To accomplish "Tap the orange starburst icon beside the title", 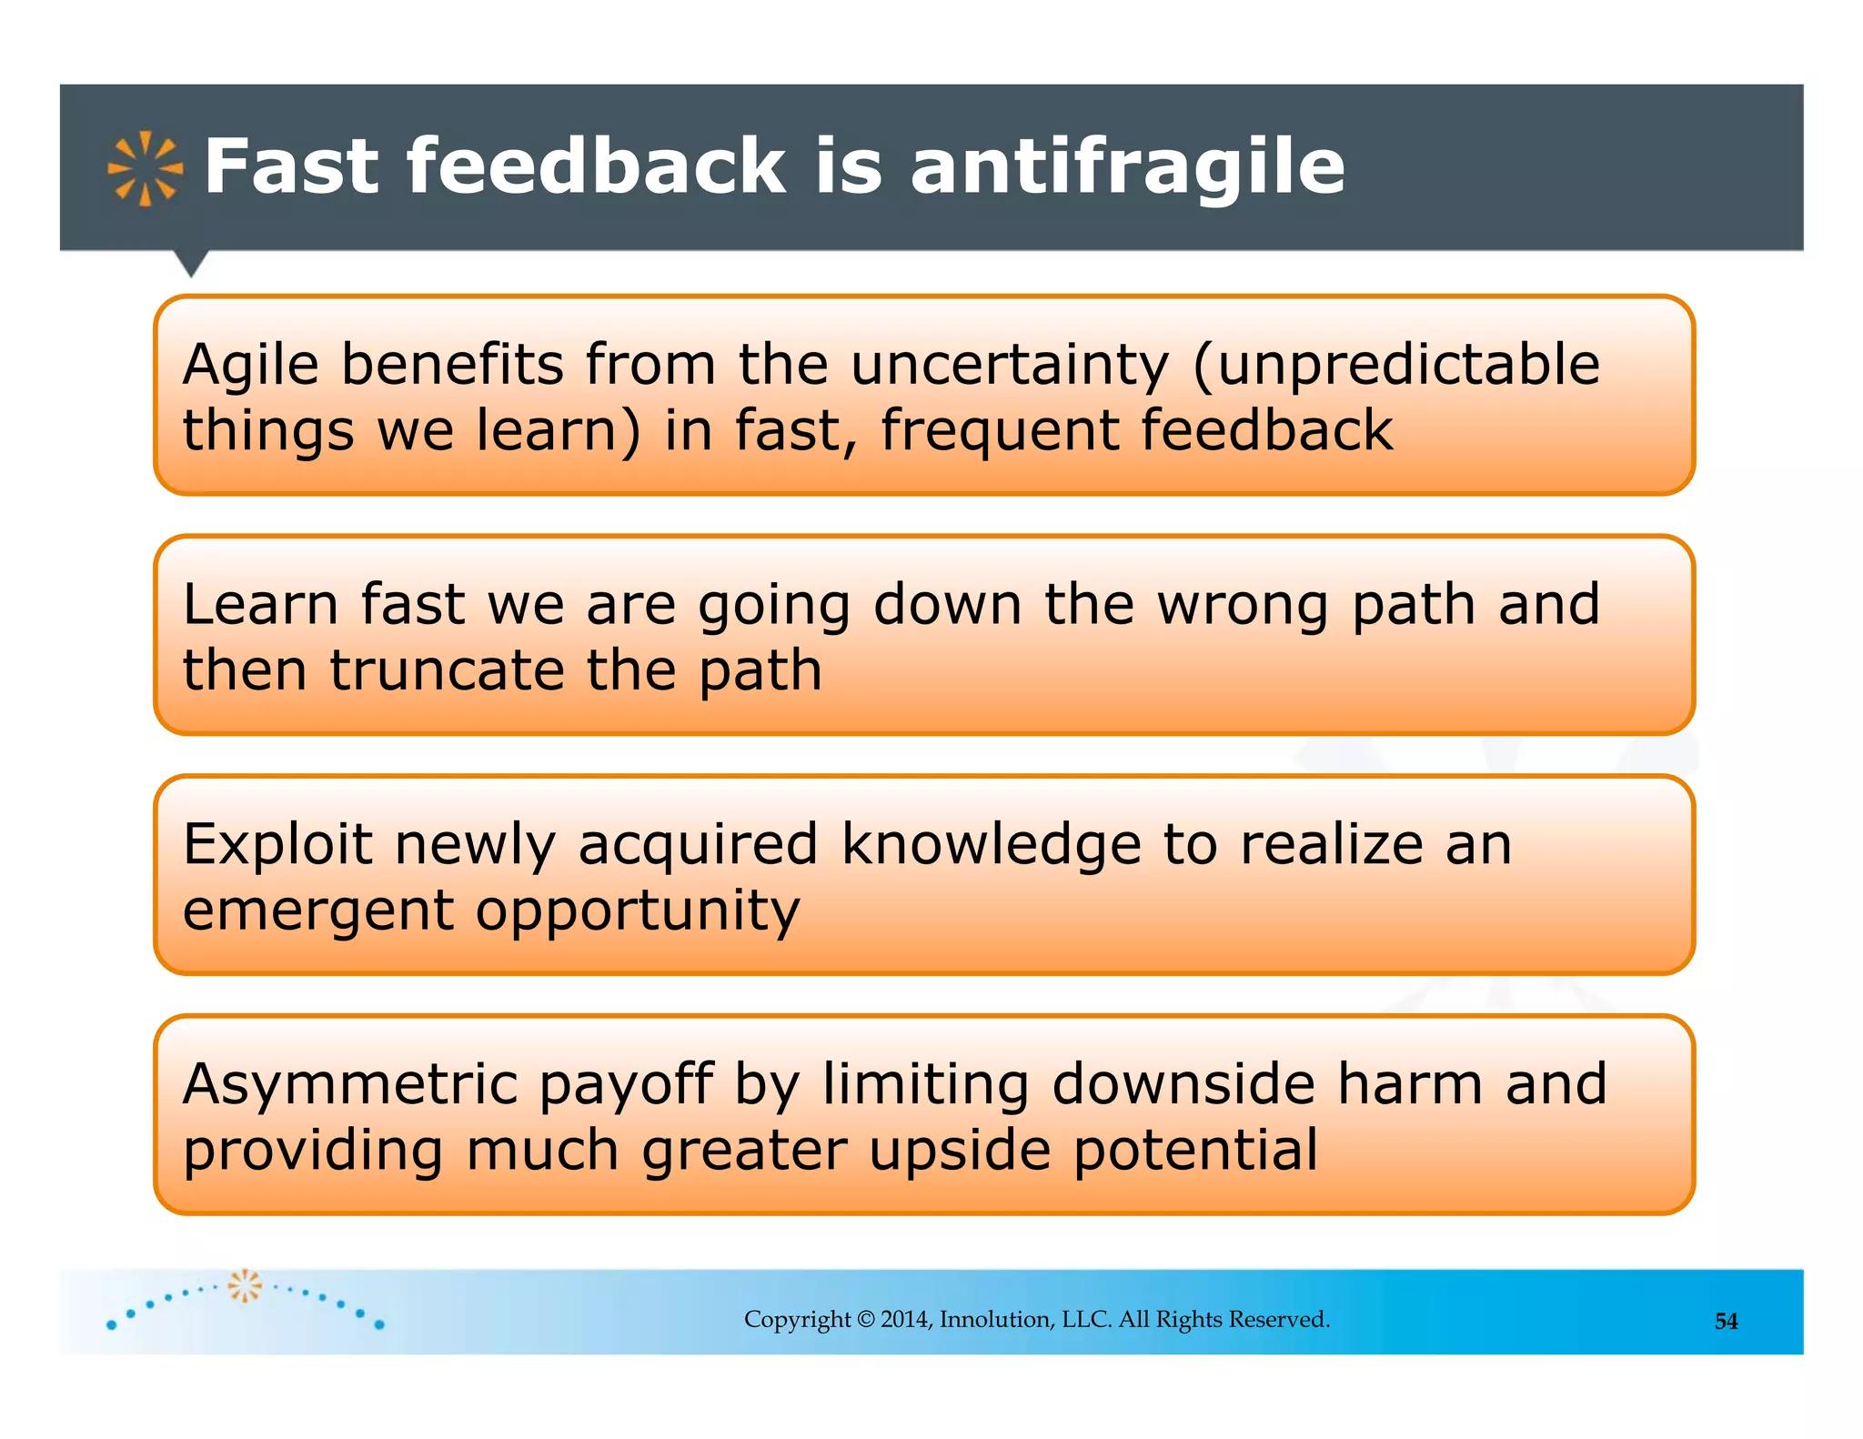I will (145, 168).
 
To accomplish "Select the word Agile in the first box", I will (251, 366).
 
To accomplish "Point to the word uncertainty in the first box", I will (1009, 366).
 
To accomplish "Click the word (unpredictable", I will (1395, 366).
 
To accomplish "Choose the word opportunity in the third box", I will (637, 911).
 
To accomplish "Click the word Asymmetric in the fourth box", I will (350, 1084).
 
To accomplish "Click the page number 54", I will (1726, 1322).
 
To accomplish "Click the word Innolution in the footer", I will (997, 1320).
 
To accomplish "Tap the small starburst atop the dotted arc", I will (244, 1285).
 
